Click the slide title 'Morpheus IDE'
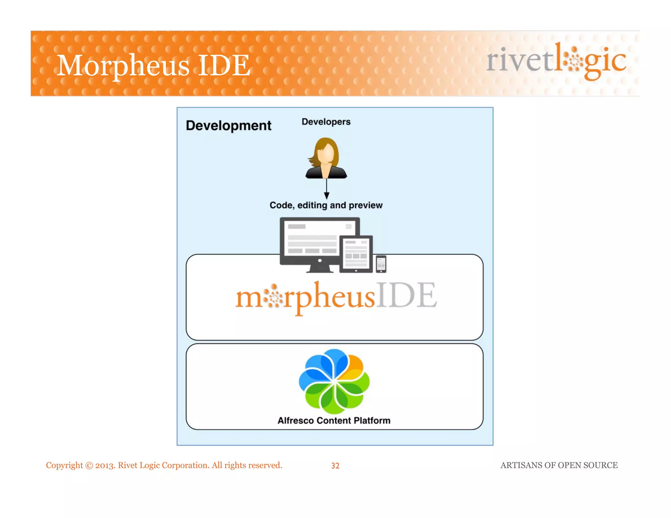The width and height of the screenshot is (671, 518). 153,65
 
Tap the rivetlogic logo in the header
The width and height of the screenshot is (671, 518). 556,61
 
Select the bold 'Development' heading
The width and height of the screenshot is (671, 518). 228,126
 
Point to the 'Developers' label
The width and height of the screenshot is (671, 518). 326,122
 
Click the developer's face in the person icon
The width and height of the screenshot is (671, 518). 326,155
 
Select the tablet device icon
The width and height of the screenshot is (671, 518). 356,254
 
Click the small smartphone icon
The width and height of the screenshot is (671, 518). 381,264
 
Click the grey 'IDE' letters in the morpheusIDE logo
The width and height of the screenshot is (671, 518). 406,296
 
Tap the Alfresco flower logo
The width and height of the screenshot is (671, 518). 334,381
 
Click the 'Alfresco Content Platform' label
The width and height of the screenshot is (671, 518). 334,421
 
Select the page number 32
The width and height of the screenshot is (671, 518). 335,466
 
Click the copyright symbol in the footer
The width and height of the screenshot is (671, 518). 89,466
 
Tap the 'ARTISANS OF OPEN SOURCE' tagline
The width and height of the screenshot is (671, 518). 559,465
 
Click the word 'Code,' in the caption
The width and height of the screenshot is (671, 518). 282,205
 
